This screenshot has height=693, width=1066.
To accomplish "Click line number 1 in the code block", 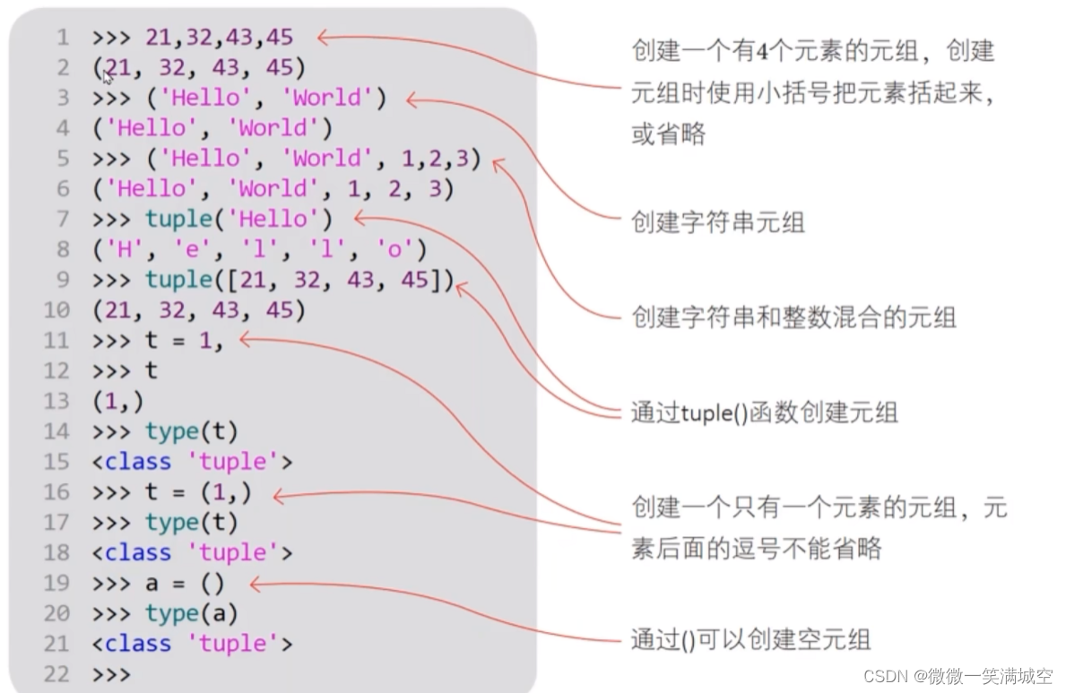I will [x=61, y=38].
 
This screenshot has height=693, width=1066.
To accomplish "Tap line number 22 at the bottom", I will [x=56, y=674].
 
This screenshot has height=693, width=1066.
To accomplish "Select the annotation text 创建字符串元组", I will [x=717, y=221].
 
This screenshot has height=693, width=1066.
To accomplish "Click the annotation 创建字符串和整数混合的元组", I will [x=793, y=316].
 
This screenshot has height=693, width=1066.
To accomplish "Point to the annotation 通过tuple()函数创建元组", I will [x=764, y=412].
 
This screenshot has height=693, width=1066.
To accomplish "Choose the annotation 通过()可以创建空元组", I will [x=750, y=639].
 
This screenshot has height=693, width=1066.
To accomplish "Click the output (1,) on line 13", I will [x=117, y=401].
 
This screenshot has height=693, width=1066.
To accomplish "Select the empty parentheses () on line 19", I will [x=212, y=584].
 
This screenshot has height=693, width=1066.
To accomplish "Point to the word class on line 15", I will [x=137, y=462].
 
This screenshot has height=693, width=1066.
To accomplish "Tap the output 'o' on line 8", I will [x=394, y=249].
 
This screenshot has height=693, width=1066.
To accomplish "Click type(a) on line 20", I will [x=191, y=614].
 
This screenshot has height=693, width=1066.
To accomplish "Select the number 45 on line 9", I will [x=414, y=280].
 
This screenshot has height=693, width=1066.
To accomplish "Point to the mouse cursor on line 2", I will [x=108, y=75].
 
